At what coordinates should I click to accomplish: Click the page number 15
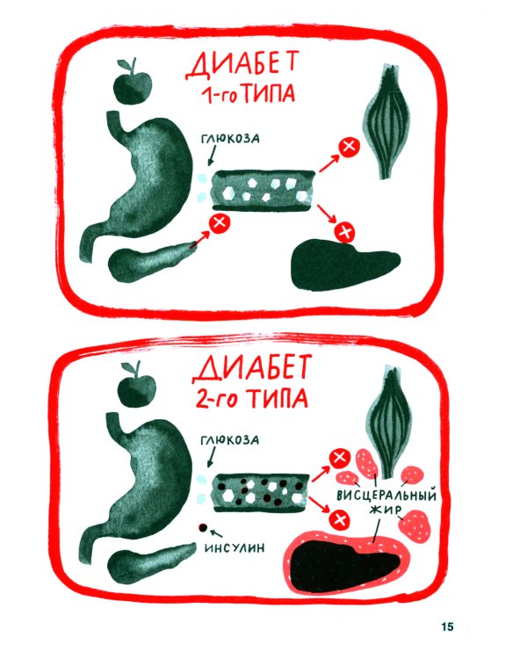click(447, 626)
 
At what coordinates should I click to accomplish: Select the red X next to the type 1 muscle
click(349, 146)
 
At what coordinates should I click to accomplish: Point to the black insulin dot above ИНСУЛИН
click(203, 528)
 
